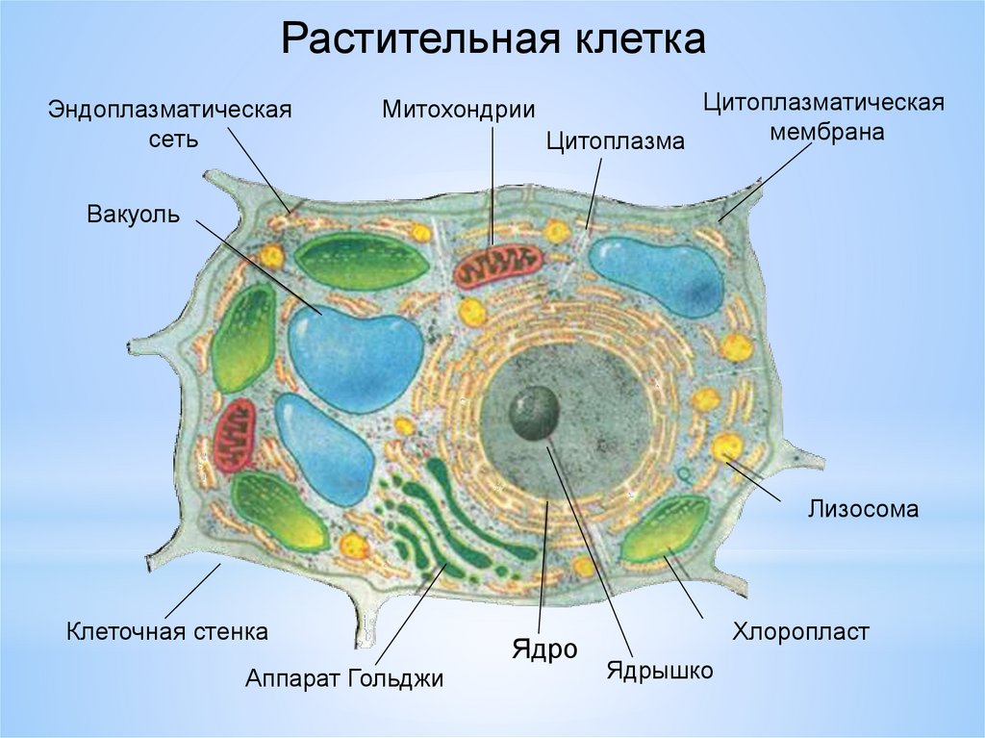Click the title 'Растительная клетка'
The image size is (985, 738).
coord(493,40)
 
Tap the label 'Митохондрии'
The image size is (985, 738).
coord(458,108)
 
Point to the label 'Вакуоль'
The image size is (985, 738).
coord(134,213)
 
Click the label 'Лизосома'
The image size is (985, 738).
coord(863,509)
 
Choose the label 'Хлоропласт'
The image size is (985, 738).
coord(800,632)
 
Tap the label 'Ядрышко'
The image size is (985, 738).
coord(659,670)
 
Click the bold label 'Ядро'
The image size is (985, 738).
coord(543,649)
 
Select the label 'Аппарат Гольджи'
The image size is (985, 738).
coord(344,678)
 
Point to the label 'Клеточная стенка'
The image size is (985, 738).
coord(166,632)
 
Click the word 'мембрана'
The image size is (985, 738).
coord(825,132)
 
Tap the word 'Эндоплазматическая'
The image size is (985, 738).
coord(170,109)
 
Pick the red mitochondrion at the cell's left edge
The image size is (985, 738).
coord(234,435)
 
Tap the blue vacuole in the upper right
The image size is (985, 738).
coord(656,275)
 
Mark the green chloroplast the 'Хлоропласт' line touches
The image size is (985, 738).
coord(665,530)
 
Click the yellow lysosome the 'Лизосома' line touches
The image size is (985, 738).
coord(727,447)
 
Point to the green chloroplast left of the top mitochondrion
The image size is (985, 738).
coord(360,260)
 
